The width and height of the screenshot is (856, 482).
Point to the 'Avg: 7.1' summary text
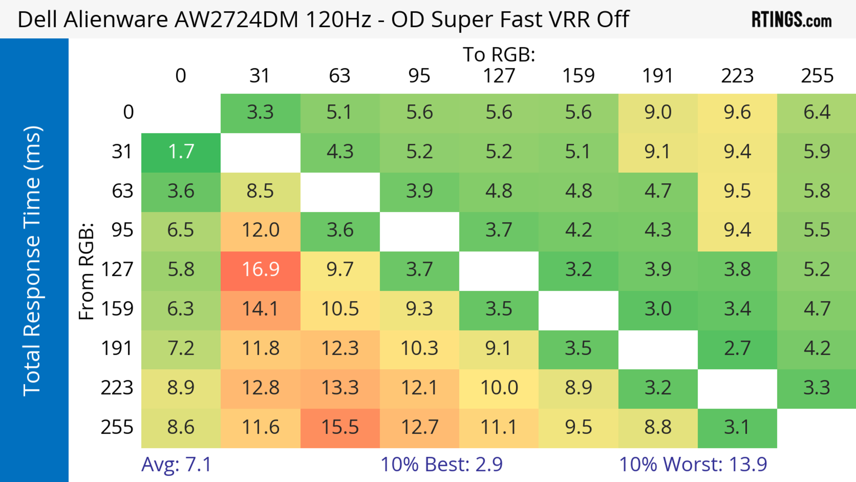click(x=176, y=464)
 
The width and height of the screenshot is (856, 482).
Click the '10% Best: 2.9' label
click(x=441, y=464)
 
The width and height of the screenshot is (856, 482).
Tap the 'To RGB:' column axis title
click(x=499, y=54)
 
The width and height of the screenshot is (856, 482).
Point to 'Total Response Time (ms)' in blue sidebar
click(x=33, y=261)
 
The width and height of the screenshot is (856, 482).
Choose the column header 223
click(x=737, y=76)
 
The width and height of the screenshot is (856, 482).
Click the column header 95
click(x=419, y=76)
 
